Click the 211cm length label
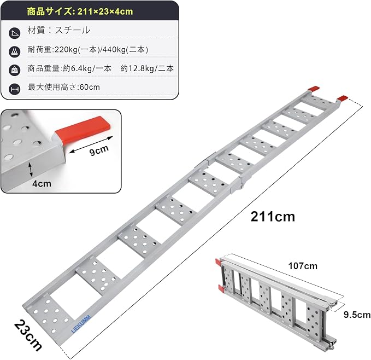tap(273, 217)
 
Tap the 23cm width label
tap(28, 335)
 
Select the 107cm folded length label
tap(303, 266)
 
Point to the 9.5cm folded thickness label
tap(357, 315)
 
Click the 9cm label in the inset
tap(99, 150)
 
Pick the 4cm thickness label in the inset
tap(42, 183)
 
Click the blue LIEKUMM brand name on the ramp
tap(81, 324)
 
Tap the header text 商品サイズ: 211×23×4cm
tap(80, 11)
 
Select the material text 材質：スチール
tap(59, 30)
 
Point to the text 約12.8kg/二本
tap(147, 68)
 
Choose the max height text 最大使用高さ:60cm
tap(63, 87)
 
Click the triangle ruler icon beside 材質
tap(14, 33)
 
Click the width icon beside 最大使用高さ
tap(14, 89)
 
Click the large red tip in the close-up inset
tap(83, 130)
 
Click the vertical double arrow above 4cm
tap(31, 170)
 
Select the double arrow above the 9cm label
tap(91, 144)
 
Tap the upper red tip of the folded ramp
tap(218, 263)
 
